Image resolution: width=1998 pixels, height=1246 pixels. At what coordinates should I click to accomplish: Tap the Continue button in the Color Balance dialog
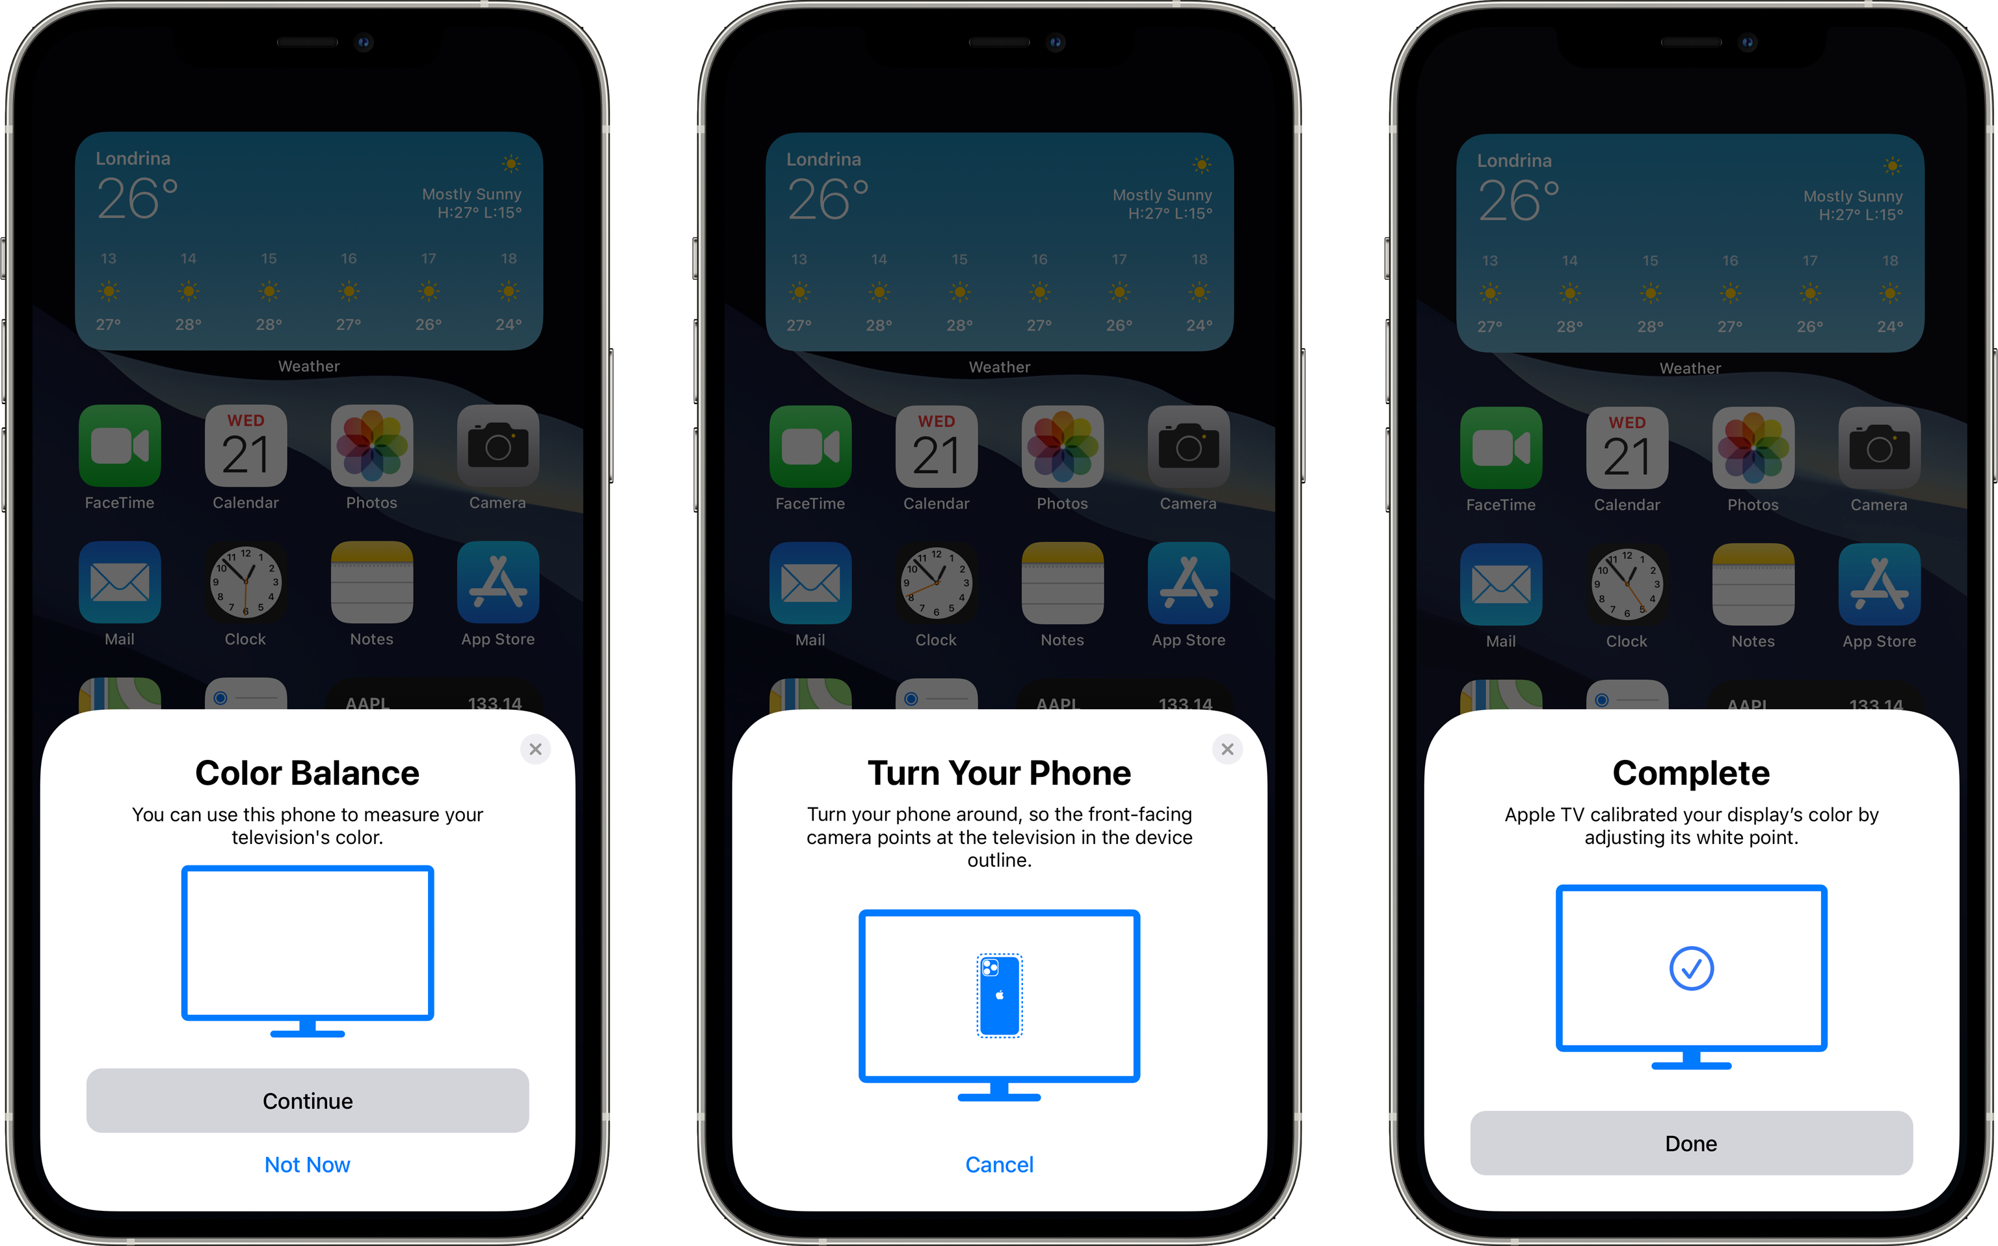(307, 1100)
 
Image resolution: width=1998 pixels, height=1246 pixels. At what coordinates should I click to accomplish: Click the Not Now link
(307, 1165)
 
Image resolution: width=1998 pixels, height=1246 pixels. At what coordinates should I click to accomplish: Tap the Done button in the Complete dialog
(1691, 1143)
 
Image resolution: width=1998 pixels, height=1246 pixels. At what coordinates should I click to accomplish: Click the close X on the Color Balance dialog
(535, 749)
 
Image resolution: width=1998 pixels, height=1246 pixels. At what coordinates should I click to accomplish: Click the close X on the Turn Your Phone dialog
(1227, 749)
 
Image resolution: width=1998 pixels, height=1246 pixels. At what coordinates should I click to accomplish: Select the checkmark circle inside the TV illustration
(1691, 968)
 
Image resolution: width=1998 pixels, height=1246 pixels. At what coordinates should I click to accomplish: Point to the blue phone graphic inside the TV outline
(999, 995)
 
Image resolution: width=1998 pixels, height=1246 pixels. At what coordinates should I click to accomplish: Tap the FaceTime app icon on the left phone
(120, 446)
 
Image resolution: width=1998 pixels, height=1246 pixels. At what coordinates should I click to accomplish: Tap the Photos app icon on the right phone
(1753, 448)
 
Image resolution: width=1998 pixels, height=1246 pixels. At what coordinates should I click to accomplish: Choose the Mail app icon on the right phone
(1500, 584)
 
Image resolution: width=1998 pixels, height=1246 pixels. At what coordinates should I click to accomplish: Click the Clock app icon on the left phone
(245, 582)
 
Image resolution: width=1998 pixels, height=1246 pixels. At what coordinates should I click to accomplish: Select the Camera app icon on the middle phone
(1188, 446)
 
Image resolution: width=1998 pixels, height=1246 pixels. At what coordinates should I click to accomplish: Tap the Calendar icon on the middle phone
(937, 446)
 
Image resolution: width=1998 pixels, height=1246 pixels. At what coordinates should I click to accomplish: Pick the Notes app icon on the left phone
(371, 582)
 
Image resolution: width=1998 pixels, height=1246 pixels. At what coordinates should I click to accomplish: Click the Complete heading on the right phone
(1691, 773)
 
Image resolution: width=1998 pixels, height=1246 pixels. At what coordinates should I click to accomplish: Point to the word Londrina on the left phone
(133, 158)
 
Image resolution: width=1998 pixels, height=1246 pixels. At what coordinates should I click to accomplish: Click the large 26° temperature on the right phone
(1519, 201)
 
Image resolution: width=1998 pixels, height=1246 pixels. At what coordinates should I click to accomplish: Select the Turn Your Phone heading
(999, 773)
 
